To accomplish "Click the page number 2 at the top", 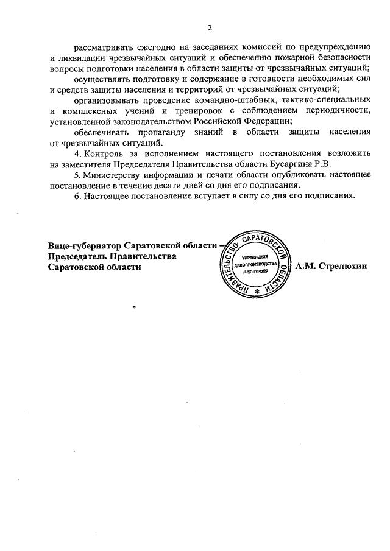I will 209,27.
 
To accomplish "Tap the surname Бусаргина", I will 273,164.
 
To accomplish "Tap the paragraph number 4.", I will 76,154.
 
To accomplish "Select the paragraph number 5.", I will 76,175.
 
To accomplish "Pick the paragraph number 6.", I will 76,195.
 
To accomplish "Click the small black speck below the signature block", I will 133,306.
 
